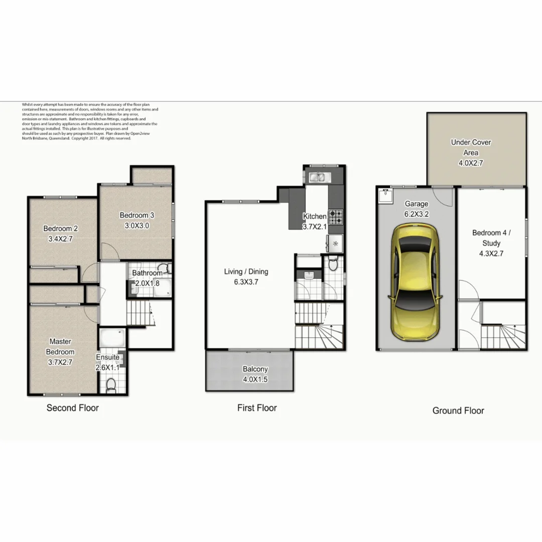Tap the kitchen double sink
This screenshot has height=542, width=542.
pyautogui.click(x=317, y=177)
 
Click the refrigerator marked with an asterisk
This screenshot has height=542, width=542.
pyautogui.click(x=335, y=244)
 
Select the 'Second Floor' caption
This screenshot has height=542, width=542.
pyautogui.click(x=73, y=408)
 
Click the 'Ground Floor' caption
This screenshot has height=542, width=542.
pyautogui.click(x=458, y=411)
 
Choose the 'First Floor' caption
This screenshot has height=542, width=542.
pyautogui.click(x=257, y=408)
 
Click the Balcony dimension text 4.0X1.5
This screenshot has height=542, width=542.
pyautogui.click(x=255, y=379)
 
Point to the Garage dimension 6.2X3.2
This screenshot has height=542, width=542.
pyautogui.click(x=417, y=213)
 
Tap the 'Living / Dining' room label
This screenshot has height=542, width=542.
pyautogui.click(x=246, y=272)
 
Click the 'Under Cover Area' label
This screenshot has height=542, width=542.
pyautogui.click(x=471, y=147)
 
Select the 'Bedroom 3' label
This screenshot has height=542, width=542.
pyautogui.click(x=137, y=215)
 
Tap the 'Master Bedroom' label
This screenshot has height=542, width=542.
pyautogui.click(x=60, y=346)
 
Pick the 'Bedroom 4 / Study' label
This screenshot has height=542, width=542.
pyautogui.click(x=491, y=238)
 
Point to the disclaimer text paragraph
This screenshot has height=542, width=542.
pyautogui.click(x=90, y=121)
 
